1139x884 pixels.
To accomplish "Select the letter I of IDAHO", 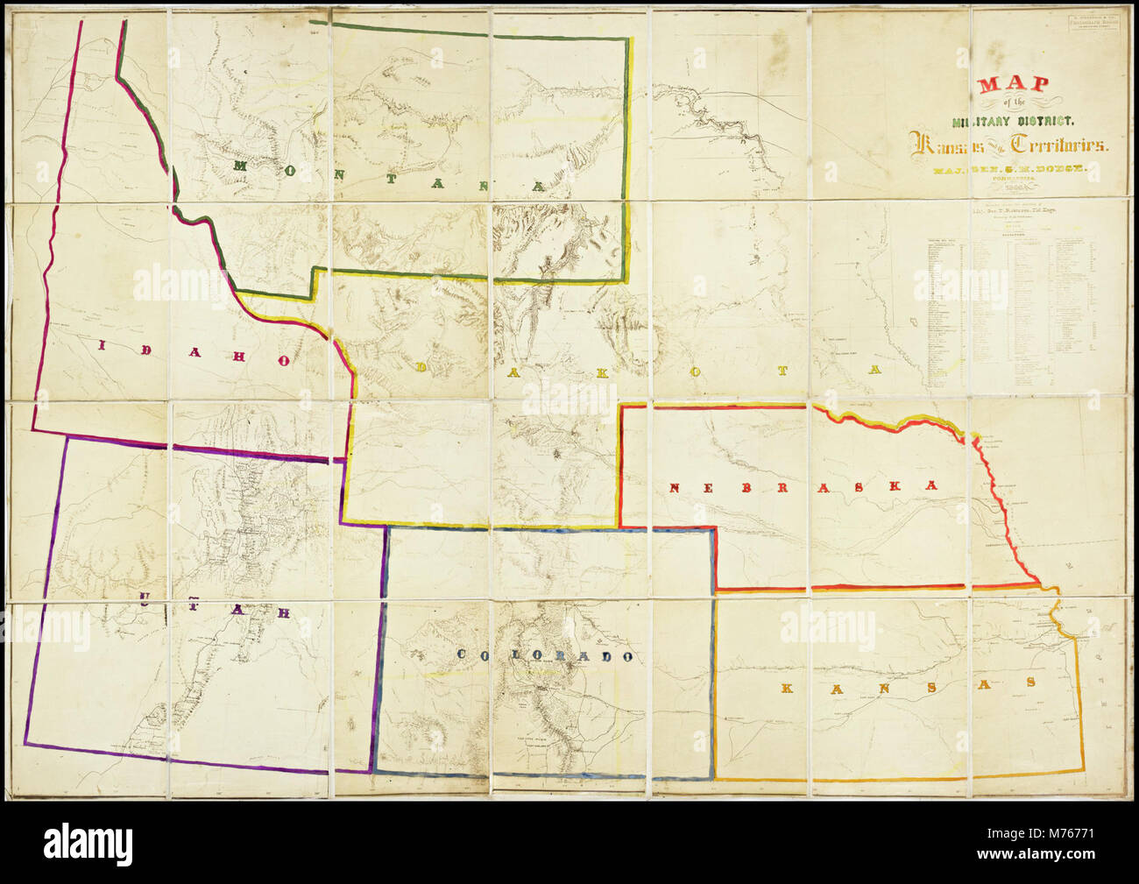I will point(99,344).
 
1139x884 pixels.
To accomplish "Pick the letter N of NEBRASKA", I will point(676,488).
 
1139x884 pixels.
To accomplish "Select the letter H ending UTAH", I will point(282,612).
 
